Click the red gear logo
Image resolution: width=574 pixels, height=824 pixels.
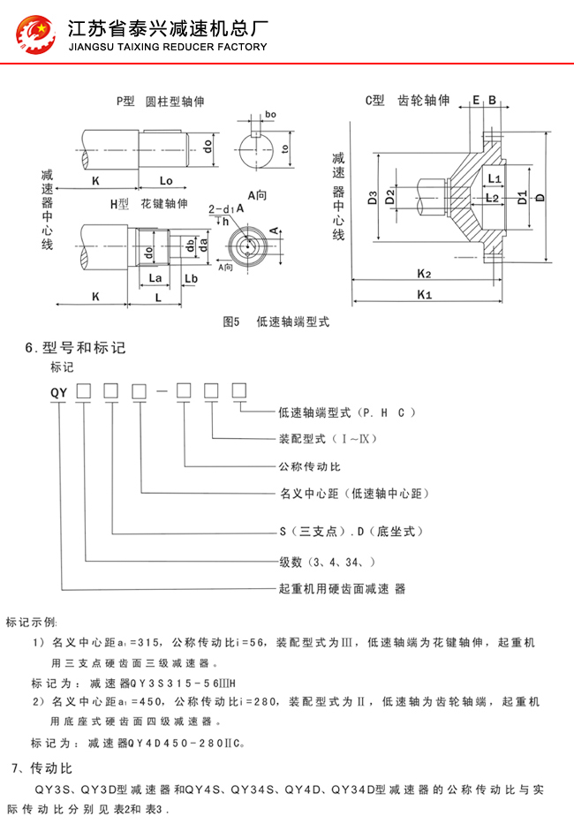tap(35, 34)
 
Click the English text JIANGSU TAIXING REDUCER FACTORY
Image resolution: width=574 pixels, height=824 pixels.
tap(168, 48)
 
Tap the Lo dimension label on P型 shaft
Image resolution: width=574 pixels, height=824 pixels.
tap(166, 181)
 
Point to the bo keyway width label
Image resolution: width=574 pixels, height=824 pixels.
tap(271, 114)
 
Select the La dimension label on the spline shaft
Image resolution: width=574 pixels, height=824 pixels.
tap(155, 277)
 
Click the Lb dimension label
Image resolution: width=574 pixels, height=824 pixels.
tap(191, 278)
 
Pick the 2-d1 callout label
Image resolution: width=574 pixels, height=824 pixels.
tap(222, 209)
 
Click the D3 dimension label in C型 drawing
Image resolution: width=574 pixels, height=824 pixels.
tap(373, 198)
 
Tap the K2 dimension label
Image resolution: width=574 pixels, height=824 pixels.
tap(424, 274)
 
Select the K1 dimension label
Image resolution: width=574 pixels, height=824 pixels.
tap(424, 294)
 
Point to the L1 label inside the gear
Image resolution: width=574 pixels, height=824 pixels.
tap(495, 178)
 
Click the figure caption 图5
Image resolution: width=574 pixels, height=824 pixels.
tap(231, 321)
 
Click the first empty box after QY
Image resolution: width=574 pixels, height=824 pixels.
tap(84, 391)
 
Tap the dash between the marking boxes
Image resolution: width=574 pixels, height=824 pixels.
tap(162, 391)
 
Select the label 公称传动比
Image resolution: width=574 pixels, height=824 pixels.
tap(310, 466)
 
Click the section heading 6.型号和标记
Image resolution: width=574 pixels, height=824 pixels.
tap(75, 348)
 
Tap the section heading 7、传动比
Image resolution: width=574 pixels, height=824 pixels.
tap(42, 768)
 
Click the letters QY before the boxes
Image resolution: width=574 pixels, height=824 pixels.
tap(59, 392)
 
